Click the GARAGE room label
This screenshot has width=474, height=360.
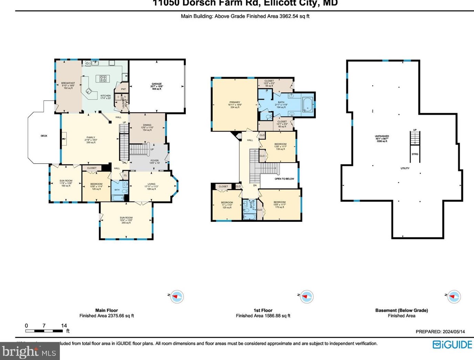[157, 84]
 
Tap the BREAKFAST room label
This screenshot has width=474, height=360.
[68, 83]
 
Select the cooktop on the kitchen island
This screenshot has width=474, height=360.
[103, 79]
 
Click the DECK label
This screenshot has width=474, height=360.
[44, 136]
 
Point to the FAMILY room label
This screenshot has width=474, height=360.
[91, 138]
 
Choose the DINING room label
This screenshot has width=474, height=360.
[147, 125]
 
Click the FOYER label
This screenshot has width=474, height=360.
[155, 161]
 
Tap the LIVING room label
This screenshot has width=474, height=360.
[151, 184]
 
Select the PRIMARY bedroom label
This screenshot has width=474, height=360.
[235, 102]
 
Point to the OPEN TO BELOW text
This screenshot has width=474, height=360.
[284, 179]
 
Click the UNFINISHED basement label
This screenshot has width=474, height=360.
[382, 136]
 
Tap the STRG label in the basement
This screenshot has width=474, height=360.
[415, 154]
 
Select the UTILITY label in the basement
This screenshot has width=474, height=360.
[405, 168]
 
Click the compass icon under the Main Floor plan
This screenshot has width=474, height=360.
[177, 296]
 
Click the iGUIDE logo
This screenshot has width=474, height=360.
[452, 344]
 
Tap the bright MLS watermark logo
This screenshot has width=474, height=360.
[29, 352]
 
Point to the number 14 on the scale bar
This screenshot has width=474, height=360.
[64, 326]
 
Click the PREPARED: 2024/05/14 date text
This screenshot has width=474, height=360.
[440, 332]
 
